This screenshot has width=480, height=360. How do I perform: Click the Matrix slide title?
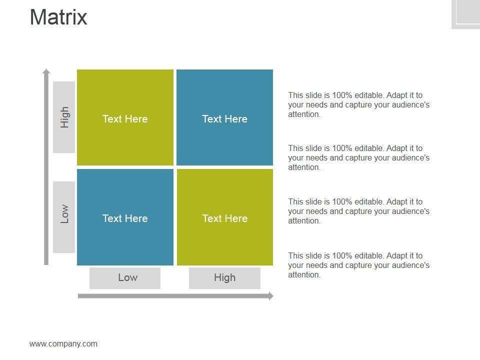58,17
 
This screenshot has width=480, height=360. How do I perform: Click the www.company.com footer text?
63,343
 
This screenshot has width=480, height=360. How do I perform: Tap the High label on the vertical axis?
64,117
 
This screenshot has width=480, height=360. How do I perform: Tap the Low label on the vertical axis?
64,214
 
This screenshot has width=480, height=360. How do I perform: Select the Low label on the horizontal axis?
127,277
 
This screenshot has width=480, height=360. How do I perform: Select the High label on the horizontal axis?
224,277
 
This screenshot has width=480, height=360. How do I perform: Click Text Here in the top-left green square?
125,119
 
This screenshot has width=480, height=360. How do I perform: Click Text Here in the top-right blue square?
224,119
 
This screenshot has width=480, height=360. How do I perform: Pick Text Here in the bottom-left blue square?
125,218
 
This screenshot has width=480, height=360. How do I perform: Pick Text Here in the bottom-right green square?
224,218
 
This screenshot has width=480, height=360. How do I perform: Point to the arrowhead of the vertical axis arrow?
46,71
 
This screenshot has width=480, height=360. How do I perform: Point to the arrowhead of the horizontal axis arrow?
271,296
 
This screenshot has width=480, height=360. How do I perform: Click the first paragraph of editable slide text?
358,104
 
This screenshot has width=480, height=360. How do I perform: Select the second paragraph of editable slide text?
358,157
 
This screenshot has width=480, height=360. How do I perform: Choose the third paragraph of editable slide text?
358,211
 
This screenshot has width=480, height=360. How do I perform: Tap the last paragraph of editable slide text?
358,265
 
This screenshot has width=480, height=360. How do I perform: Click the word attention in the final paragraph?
303,275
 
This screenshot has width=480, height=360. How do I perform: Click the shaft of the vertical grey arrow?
46,170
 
